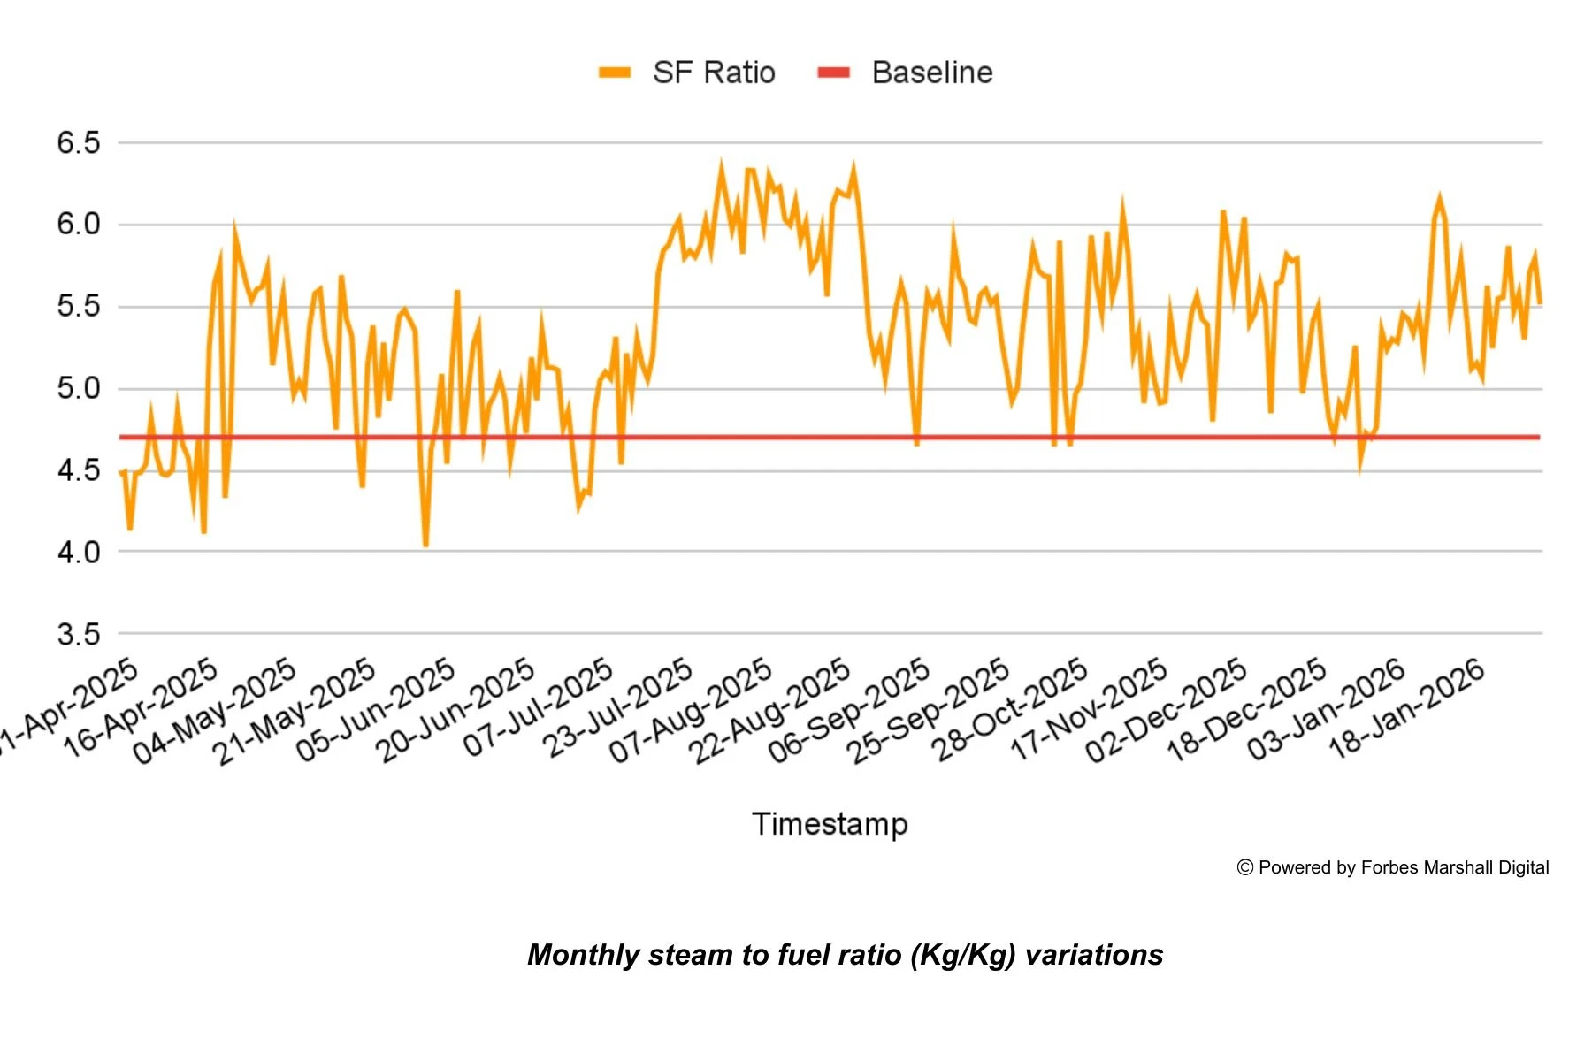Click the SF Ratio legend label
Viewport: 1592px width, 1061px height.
tap(713, 73)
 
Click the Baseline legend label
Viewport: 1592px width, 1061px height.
tap(931, 73)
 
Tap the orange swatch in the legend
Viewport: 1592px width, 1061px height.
tap(615, 73)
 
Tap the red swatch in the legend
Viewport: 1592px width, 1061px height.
tap(833, 73)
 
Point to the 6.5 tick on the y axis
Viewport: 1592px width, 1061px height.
tap(79, 143)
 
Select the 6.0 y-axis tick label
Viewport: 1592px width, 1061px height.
tap(79, 225)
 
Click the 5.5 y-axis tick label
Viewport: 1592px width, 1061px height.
tap(79, 307)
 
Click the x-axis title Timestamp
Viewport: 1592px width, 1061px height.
tap(830, 824)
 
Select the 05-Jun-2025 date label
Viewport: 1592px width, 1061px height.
tap(376, 710)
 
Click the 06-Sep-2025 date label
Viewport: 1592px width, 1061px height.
tap(849, 710)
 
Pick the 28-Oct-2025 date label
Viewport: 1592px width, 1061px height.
tap(1010, 710)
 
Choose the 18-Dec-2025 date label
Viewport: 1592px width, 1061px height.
tap(1247, 710)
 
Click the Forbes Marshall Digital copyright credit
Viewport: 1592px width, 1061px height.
tap(1393, 868)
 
